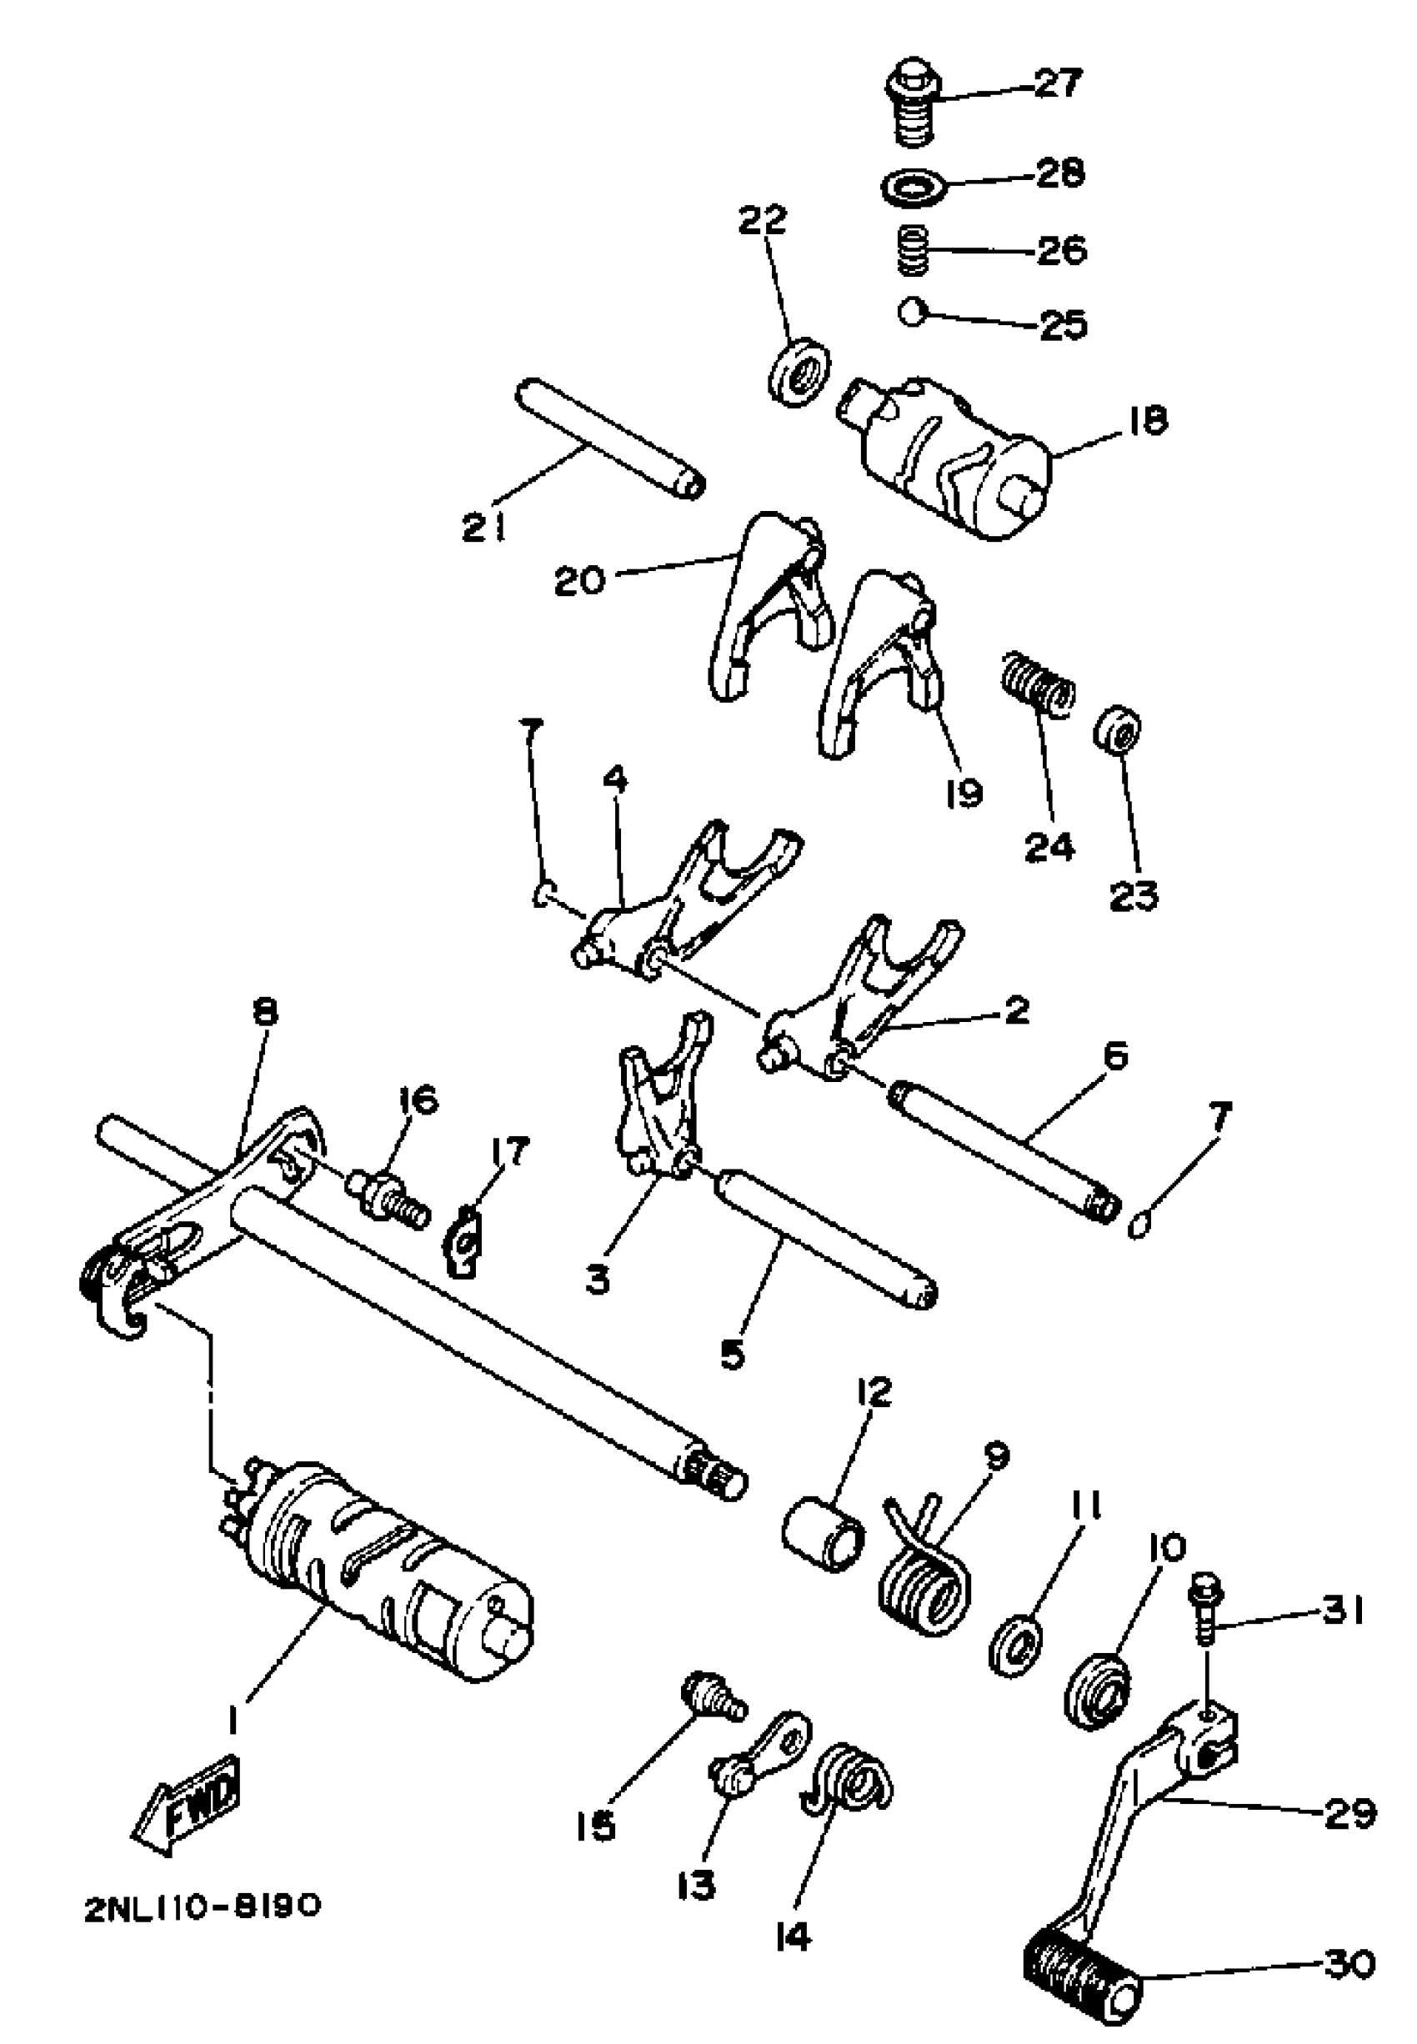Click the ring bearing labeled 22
click(799, 370)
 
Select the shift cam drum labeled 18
click(950, 453)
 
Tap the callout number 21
click(484, 529)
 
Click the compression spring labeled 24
click(1035, 684)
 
